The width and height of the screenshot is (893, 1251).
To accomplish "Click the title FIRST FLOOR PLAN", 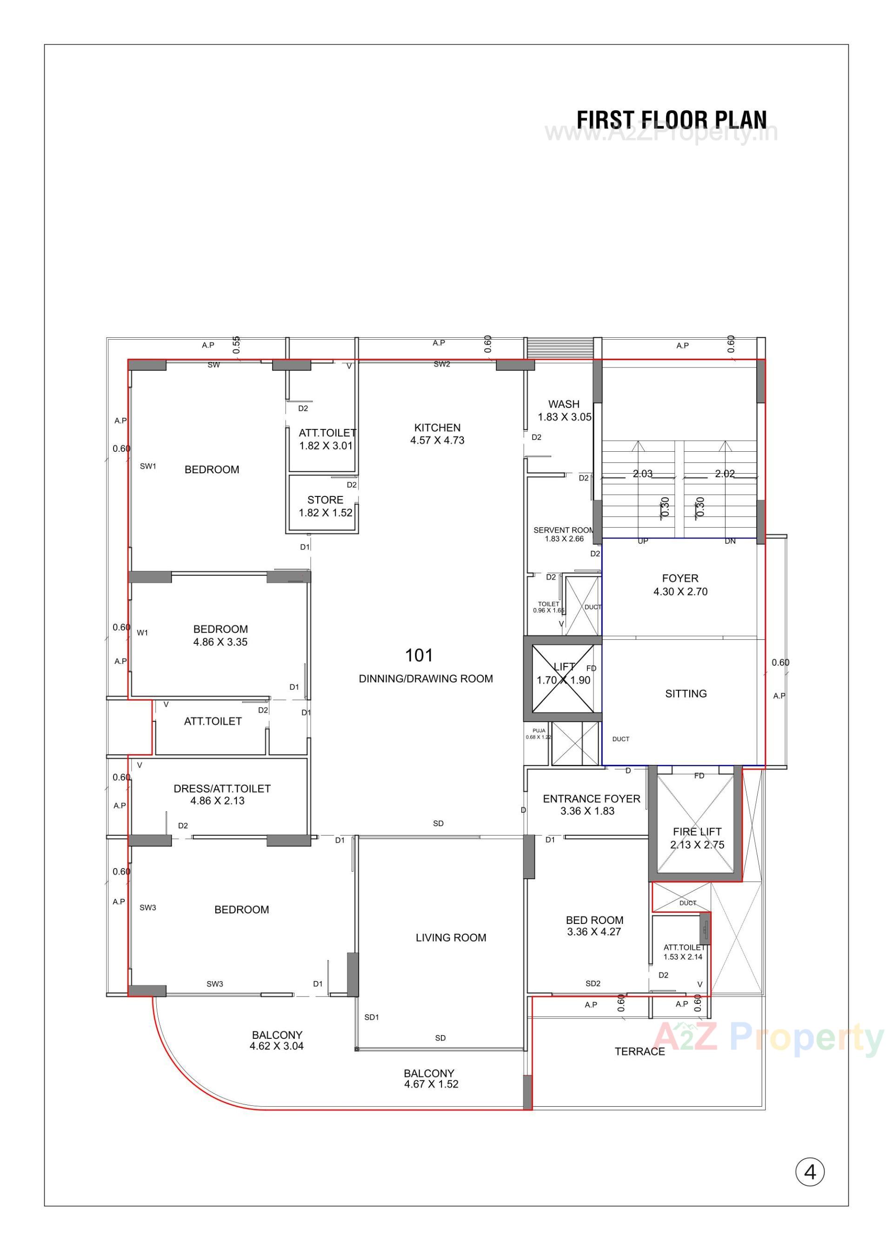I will [672, 120].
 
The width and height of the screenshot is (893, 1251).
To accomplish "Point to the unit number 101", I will [419, 656].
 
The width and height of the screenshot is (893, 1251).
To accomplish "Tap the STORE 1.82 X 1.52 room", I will [325, 506].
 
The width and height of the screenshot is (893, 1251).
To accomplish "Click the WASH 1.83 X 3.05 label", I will [564, 410].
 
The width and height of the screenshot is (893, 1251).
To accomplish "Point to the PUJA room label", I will [538, 734].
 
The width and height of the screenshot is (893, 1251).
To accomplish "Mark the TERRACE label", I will [640, 1051].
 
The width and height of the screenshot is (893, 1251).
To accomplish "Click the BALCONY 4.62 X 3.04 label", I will [277, 1040].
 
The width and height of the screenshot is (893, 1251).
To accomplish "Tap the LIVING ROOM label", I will [451, 937].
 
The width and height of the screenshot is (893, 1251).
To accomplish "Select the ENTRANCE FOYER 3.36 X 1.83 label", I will [591, 804].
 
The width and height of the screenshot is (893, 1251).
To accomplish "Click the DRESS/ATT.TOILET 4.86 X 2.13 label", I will [221, 795].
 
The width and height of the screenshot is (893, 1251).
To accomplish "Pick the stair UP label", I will [643, 541].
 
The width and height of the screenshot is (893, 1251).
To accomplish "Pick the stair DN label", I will [730, 541].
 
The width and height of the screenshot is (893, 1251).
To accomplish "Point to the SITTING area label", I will [686, 694].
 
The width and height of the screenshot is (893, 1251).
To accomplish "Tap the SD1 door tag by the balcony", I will [372, 1017].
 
